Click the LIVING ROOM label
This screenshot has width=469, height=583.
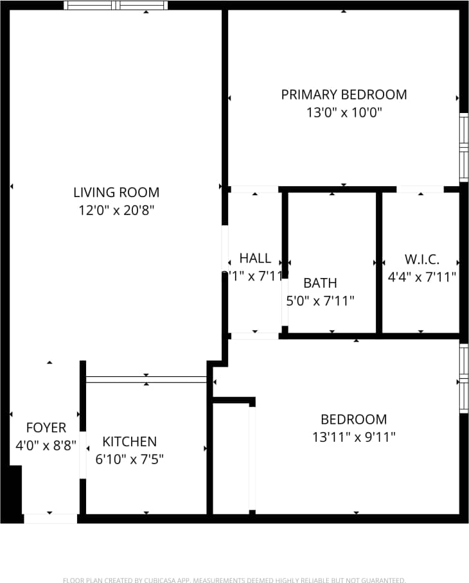click(116, 192)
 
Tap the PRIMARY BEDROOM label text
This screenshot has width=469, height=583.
click(344, 94)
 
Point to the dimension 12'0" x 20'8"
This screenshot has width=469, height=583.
click(116, 210)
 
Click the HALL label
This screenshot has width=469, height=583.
click(255, 258)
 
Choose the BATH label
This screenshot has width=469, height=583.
click(320, 283)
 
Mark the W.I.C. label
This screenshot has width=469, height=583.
click(421, 259)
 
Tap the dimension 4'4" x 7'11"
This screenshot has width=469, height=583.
click(421, 277)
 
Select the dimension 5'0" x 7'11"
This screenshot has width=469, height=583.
click(320, 300)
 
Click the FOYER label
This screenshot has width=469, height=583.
click(46, 428)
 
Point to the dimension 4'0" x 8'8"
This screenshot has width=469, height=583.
click(46, 445)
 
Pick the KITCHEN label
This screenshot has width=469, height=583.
click(129, 442)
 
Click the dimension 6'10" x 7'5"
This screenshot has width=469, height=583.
click(129, 459)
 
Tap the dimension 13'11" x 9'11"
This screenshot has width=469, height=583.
click(353, 437)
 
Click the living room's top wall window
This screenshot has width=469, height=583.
click(116, 5)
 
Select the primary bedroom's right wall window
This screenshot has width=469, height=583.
click(463, 147)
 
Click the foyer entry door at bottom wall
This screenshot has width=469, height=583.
click(50, 518)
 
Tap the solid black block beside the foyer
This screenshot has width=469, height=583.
click(12, 491)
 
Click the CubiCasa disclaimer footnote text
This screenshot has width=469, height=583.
click(234, 580)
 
